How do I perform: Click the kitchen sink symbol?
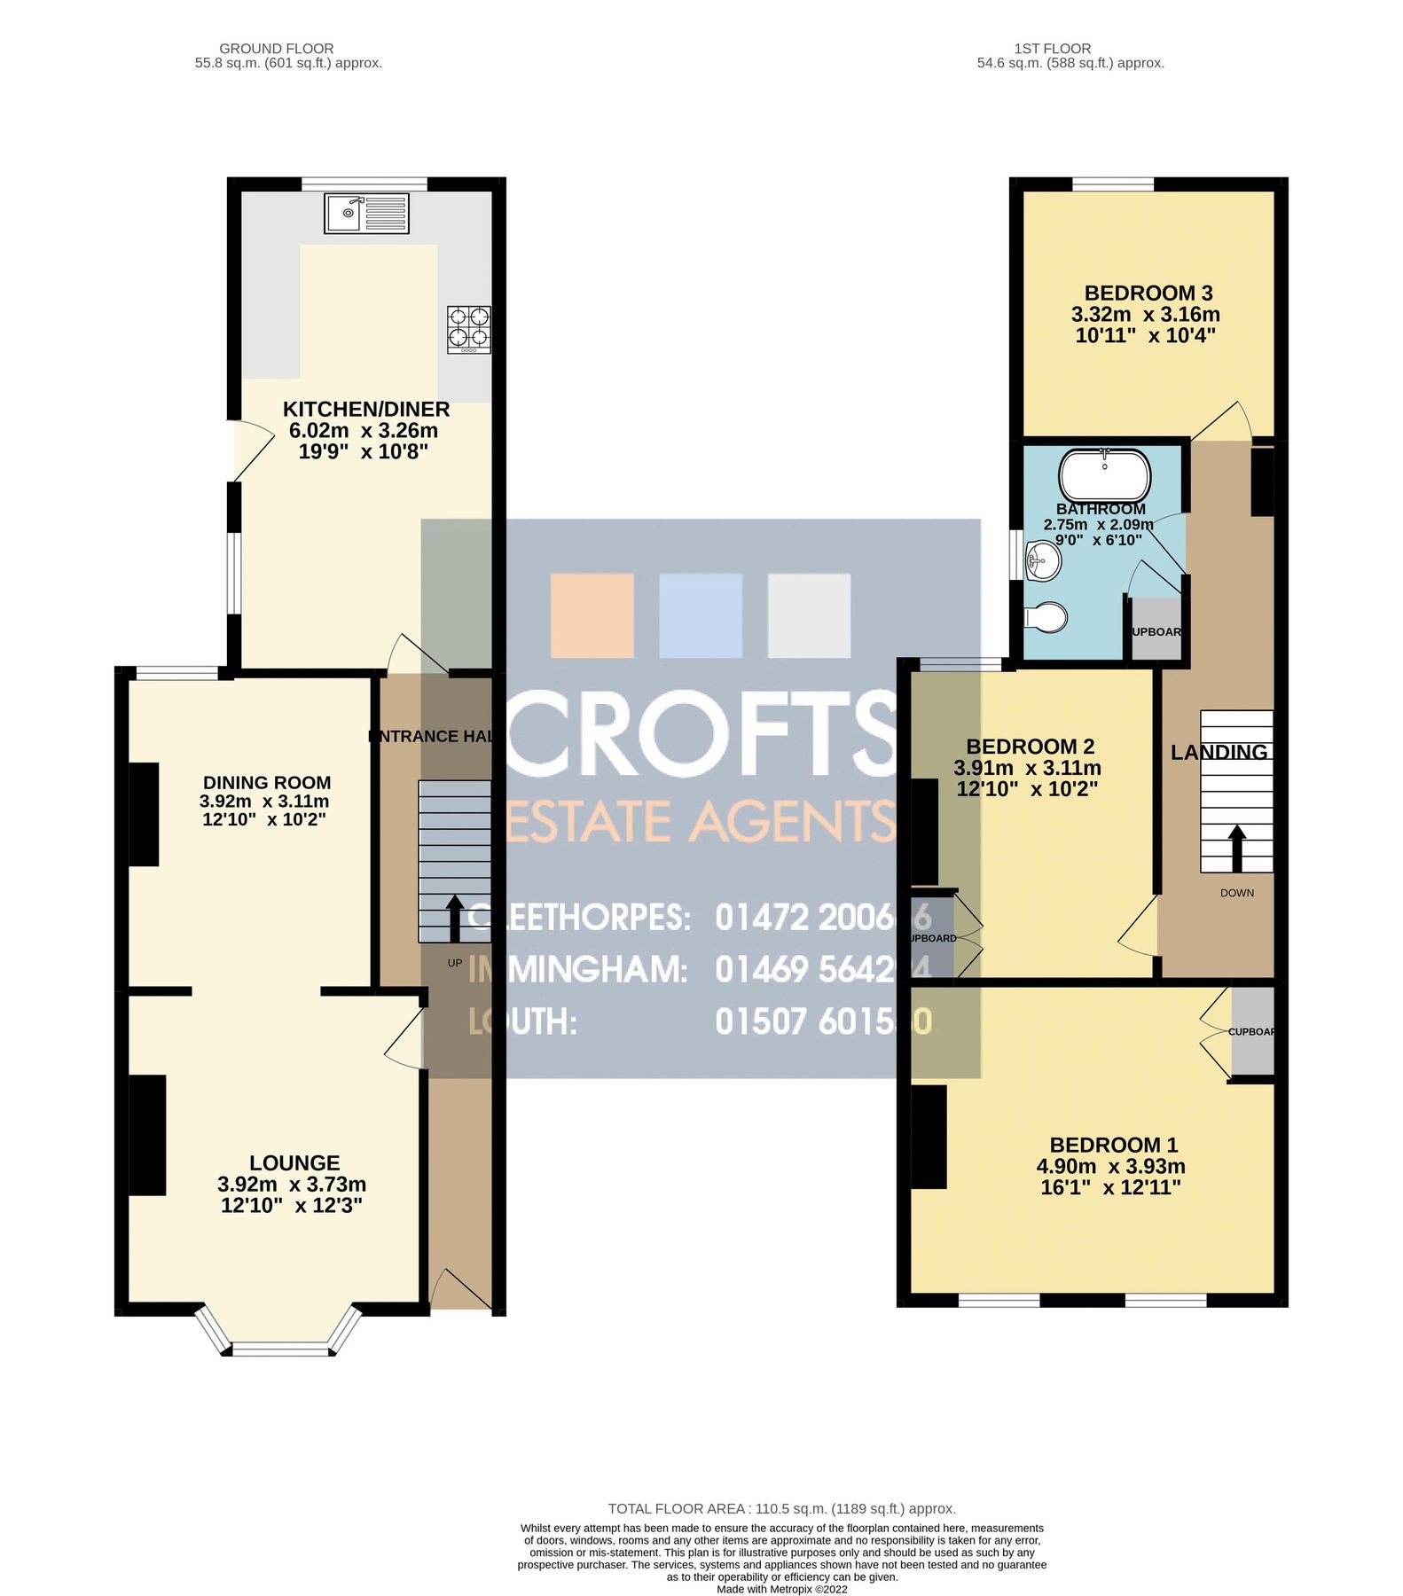366,213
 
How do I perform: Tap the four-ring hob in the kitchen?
469,329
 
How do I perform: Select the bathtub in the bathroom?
1104,475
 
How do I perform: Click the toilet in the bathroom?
1046,617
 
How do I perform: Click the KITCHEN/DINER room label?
365,410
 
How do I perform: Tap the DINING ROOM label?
267,783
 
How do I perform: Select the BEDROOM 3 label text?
1148,293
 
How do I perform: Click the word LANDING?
1219,753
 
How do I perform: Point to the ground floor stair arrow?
453,919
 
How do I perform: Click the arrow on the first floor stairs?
1235,849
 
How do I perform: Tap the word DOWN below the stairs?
1236,893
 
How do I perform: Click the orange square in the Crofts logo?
592,615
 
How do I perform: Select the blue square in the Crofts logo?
701,615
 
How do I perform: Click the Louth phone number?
823,1021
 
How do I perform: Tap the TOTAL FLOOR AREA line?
781,1508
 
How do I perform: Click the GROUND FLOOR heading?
276,49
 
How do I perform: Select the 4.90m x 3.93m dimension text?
1110,1167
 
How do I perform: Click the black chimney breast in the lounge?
147,1135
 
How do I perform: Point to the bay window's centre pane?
279,1350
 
